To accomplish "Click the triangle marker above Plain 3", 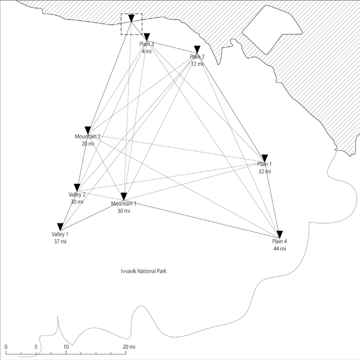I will coord(146,37).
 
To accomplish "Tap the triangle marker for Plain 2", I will coord(197,49).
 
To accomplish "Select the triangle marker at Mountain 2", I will coord(87,129).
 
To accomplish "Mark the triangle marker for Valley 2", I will coord(77,187).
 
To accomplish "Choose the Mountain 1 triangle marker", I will coord(124,196).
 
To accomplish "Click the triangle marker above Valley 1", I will coord(60,227).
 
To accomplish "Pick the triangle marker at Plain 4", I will coord(280,234).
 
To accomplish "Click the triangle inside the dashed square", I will coord(131,18).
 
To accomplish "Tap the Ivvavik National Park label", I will coord(142,271).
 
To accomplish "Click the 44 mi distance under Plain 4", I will coord(280,249).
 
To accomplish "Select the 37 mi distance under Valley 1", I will coord(60,242).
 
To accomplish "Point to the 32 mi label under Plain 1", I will coord(265,171).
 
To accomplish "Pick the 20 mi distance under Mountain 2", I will coord(88,144).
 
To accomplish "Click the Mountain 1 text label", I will coord(124,204).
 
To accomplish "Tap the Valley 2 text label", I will coord(77,195).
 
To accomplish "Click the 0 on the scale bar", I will coord(7,347).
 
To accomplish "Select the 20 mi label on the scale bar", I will coord(129,347).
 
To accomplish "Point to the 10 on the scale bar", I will coord(66,347).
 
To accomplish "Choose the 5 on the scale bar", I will coord(36,347).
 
